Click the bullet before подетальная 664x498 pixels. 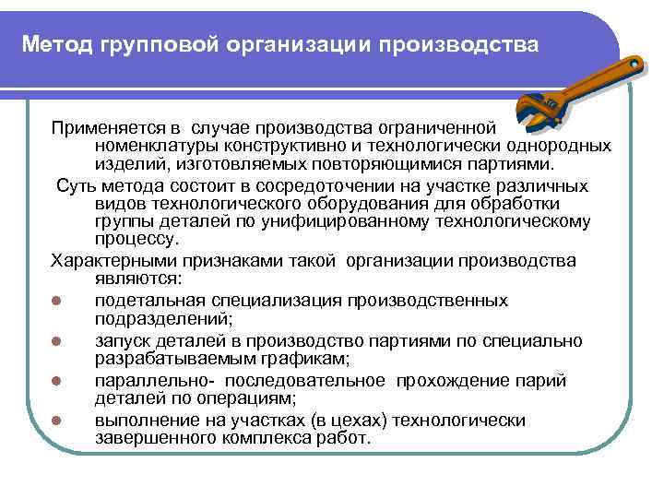(x=57, y=302)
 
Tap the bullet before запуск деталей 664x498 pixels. (x=57, y=342)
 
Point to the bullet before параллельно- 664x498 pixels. (x=57, y=381)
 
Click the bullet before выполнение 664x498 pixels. (x=57, y=421)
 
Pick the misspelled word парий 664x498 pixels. (x=543, y=380)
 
